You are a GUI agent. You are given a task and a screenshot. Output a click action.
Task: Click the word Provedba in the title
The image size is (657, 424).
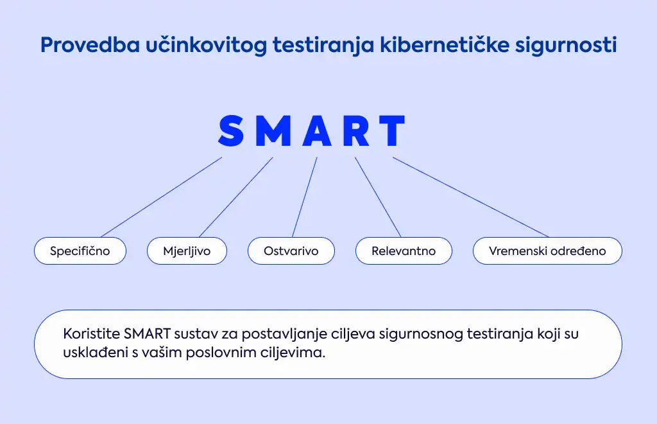point(90,44)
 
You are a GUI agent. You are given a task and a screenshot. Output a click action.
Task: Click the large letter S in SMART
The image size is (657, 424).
point(231,130)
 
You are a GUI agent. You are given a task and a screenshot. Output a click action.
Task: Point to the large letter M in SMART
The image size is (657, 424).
point(273,130)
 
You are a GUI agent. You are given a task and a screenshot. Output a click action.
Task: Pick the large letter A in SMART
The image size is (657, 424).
point(317,130)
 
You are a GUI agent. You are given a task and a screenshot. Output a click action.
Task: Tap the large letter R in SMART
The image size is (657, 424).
point(357,130)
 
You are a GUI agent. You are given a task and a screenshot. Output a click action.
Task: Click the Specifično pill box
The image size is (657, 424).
point(80,251)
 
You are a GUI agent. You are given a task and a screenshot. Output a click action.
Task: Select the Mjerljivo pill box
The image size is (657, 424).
point(187,251)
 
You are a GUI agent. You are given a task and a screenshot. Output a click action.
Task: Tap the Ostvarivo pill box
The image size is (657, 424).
point(291,251)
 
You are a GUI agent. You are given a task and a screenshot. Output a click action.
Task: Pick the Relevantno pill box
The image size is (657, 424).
point(404,251)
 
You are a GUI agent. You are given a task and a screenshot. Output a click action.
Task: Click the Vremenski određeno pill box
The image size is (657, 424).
point(548,251)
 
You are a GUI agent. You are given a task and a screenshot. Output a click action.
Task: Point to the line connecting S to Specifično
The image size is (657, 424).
point(161,197)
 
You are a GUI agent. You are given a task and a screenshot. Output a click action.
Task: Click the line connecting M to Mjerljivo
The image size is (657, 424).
point(236,197)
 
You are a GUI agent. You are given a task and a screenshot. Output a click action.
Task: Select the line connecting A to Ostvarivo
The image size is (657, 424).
point(305,197)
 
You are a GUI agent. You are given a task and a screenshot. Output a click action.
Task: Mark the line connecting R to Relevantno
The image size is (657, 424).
point(378,197)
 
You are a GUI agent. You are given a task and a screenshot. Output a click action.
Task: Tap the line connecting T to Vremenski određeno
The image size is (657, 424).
point(470,197)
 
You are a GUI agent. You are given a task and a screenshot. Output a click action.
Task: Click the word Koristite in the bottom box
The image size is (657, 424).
point(91,334)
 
